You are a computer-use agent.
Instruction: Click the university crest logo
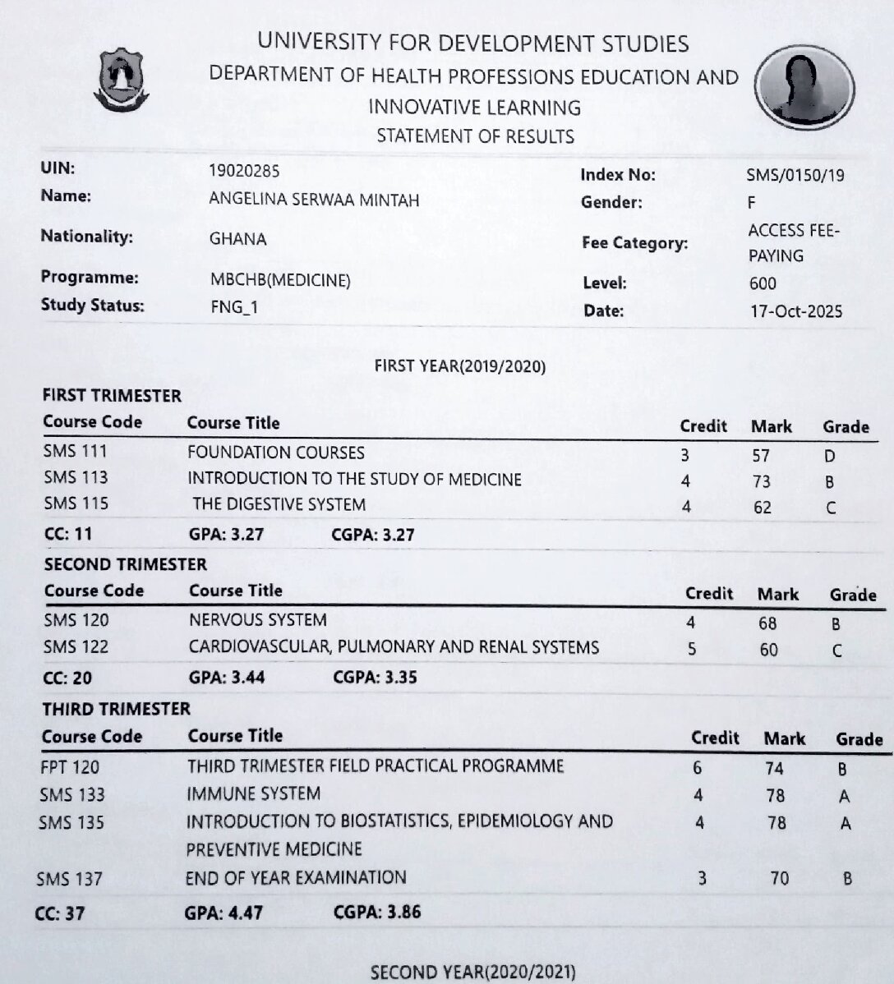[121, 80]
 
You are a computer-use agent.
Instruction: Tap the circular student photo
[804, 86]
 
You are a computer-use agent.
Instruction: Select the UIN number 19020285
[244, 171]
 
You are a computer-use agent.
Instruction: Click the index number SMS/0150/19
[795, 175]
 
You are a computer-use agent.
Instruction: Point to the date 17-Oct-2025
[795, 311]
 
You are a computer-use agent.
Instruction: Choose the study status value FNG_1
[234, 307]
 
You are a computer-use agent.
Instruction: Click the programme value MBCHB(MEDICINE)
[280, 280]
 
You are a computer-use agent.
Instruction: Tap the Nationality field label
[86, 237]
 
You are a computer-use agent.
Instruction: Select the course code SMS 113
[76, 478]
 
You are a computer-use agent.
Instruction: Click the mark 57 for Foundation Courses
[761, 456]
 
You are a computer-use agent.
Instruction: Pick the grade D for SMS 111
[830, 457]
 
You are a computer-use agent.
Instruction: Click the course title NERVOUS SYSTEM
[257, 620]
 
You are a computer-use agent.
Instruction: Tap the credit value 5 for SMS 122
[692, 649]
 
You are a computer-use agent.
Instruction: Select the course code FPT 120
[70, 767]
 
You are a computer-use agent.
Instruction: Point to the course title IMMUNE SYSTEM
[253, 794]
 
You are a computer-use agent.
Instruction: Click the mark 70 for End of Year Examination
[779, 878]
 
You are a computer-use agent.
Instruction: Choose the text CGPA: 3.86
[377, 912]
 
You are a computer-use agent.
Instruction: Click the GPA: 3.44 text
[227, 678]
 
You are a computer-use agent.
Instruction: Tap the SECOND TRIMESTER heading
[126, 564]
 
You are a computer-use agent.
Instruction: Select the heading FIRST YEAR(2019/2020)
[459, 366]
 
